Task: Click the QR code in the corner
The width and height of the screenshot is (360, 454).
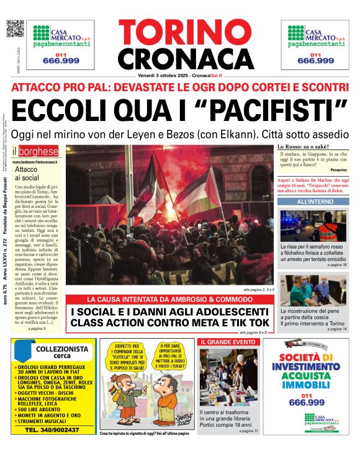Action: point(16,29)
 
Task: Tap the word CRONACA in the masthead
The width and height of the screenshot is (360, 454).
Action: point(180,59)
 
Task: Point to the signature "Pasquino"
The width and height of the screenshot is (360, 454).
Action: point(339,169)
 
